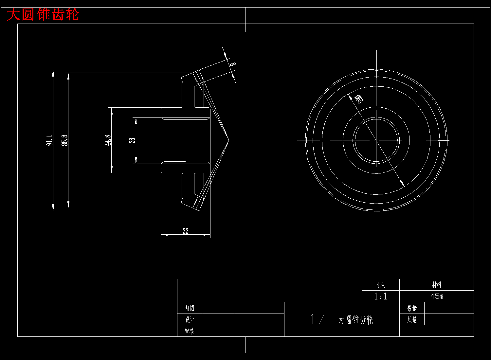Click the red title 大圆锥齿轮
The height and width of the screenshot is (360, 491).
click(43, 15)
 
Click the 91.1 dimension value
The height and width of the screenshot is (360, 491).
click(49, 140)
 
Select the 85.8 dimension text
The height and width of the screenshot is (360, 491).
click(65, 140)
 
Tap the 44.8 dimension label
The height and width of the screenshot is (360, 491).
click(108, 140)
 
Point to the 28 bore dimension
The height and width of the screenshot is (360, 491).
click(132, 140)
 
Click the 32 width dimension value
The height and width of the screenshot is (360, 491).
click(186, 231)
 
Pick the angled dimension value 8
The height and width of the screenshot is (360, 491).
click(232, 64)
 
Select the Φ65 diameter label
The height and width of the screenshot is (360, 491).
click(359, 99)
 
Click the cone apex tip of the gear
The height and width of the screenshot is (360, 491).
click(228, 140)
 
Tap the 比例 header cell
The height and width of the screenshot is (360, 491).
click(381, 285)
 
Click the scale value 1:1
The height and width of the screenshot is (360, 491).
click(381, 297)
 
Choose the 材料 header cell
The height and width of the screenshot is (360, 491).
click(437, 285)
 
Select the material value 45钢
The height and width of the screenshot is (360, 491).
click(437, 297)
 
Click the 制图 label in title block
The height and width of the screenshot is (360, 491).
click(190, 308)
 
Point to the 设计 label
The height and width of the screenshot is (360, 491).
click(190, 320)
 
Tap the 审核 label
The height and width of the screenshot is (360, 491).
click(190, 331)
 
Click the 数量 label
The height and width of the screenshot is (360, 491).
click(412, 308)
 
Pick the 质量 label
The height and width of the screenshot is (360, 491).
click(412, 320)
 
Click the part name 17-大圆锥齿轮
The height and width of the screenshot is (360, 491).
click(342, 319)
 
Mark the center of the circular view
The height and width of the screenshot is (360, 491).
click(376, 140)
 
